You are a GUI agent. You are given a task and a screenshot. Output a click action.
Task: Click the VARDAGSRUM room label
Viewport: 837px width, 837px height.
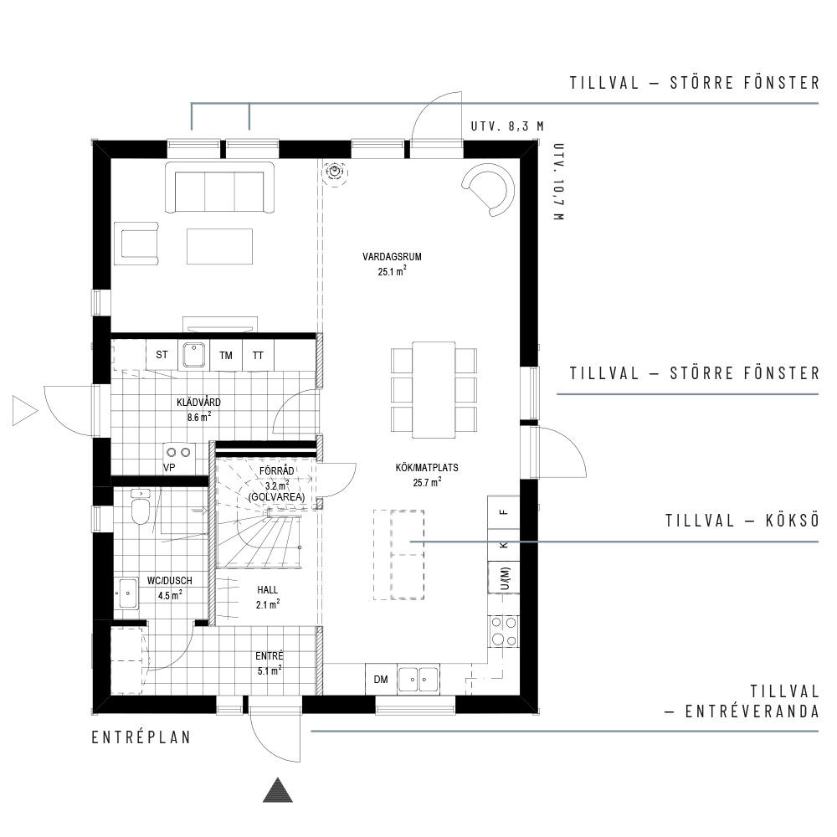point(392,257)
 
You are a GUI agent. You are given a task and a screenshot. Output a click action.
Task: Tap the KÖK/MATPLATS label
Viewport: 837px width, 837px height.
point(427,468)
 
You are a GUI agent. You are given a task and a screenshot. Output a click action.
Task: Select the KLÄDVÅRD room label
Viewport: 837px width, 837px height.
point(198,402)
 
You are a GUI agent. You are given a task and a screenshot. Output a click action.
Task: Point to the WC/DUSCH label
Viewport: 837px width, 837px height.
point(169,581)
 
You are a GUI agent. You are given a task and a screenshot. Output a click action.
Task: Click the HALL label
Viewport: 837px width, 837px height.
point(268,590)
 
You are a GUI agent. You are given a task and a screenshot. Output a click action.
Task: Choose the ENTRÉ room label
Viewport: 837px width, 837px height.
point(269,656)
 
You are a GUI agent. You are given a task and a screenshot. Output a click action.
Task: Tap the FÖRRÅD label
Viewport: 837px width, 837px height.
point(276,471)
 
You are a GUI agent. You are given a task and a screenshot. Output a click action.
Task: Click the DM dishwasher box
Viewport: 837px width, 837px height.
point(381,679)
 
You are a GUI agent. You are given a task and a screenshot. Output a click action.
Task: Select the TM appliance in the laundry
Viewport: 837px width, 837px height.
point(226,355)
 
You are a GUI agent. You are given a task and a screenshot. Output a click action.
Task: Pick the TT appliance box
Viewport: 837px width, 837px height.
point(259,355)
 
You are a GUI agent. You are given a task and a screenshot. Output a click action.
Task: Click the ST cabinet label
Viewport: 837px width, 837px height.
point(162,354)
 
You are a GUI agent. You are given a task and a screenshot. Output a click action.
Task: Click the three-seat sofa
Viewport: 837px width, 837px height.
point(219,188)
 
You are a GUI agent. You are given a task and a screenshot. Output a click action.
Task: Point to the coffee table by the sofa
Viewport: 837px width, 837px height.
point(219,246)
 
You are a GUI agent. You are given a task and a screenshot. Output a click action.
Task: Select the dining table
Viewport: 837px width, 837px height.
point(434,390)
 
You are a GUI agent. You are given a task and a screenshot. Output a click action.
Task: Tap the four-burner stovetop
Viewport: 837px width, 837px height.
point(504,631)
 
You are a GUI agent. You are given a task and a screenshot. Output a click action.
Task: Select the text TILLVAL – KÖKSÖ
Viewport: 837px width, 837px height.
point(742,521)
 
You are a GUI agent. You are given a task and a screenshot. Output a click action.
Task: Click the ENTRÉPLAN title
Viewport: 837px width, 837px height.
point(141,737)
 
